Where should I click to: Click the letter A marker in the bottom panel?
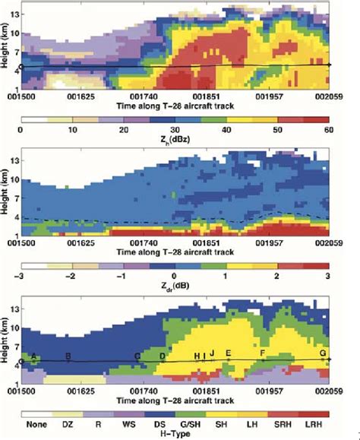tap(33, 356)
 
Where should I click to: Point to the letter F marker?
tap(263, 354)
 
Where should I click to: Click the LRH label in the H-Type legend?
tap(312, 416)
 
